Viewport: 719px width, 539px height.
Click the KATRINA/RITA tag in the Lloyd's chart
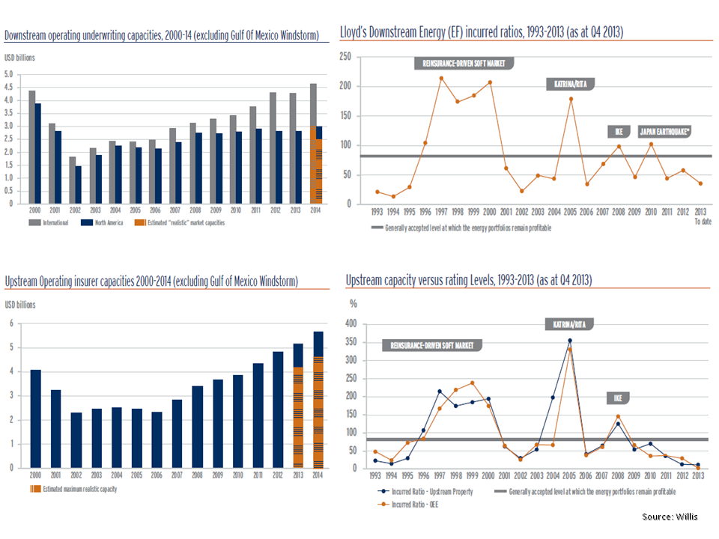pyautogui.click(x=569, y=85)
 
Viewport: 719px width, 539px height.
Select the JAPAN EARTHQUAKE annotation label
pyautogui.click(x=665, y=132)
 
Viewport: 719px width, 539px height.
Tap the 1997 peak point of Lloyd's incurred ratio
pyautogui.click(x=441, y=78)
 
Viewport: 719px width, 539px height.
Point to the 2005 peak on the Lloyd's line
pyautogui.click(x=571, y=99)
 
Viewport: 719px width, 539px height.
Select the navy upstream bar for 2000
pyautogui.click(x=36, y=418)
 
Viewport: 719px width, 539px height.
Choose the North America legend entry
pyautogui.click(x=97, y=222)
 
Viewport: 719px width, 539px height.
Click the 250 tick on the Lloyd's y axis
pyautogui.click(x=345, y=56)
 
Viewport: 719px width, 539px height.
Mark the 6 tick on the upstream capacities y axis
pyautogui.click(x=10, y=323)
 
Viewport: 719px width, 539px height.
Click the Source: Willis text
pyautogui.click(x=670, y=516)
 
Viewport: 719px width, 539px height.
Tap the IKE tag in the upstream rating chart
pyautogui.click(x=619, y=397)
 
